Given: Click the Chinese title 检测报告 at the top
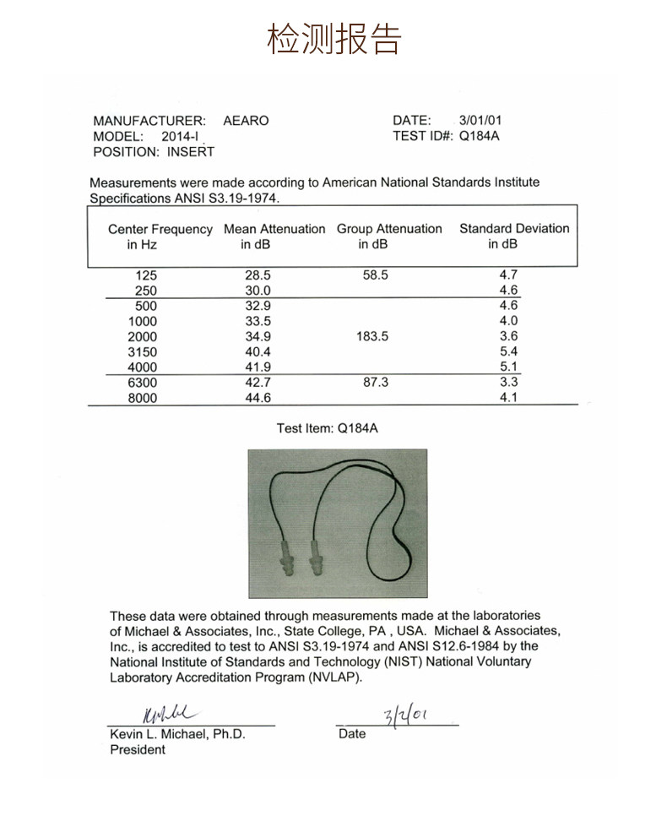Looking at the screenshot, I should (x=333, y=38).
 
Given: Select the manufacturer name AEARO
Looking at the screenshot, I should (x=246, y=121).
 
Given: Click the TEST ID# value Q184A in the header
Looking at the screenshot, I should (x=479, y=135).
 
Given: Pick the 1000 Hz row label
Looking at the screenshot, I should (x=143, y=321).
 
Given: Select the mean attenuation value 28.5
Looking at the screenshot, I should (x=257, y=275).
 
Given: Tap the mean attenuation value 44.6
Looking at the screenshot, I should (x=257, y=398).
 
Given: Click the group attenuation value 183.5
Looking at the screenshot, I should (x=372, y=336).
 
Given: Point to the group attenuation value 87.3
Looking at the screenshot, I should (x=375, y=383).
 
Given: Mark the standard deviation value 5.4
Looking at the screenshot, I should (x=508, y=351).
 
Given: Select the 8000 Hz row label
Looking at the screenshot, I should (x=143, y=398).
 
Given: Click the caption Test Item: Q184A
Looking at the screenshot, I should (x=328, y=428).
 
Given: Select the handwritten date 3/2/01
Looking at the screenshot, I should (x=404, y=716).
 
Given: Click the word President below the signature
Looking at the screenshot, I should (x=138, y=750).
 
